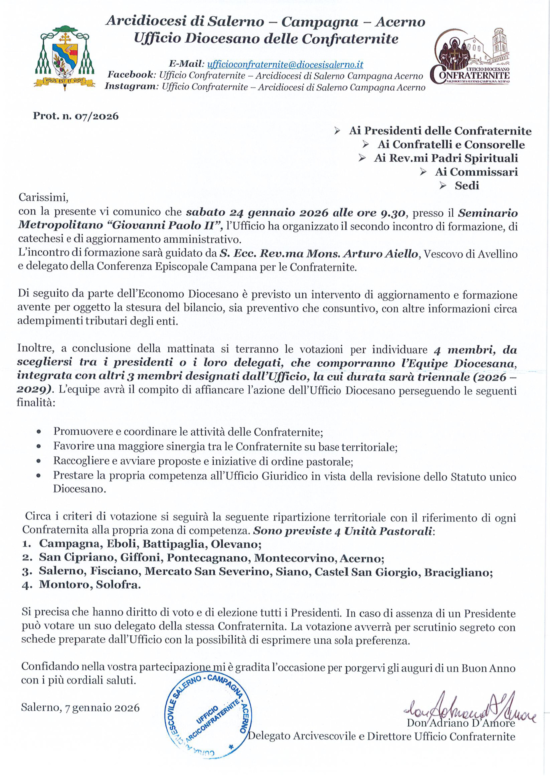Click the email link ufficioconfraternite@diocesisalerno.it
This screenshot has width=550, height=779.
tap(285, 64)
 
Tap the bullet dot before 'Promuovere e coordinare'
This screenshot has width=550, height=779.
tap(39, 432)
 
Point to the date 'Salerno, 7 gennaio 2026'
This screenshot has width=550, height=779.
tap(80, 708)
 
